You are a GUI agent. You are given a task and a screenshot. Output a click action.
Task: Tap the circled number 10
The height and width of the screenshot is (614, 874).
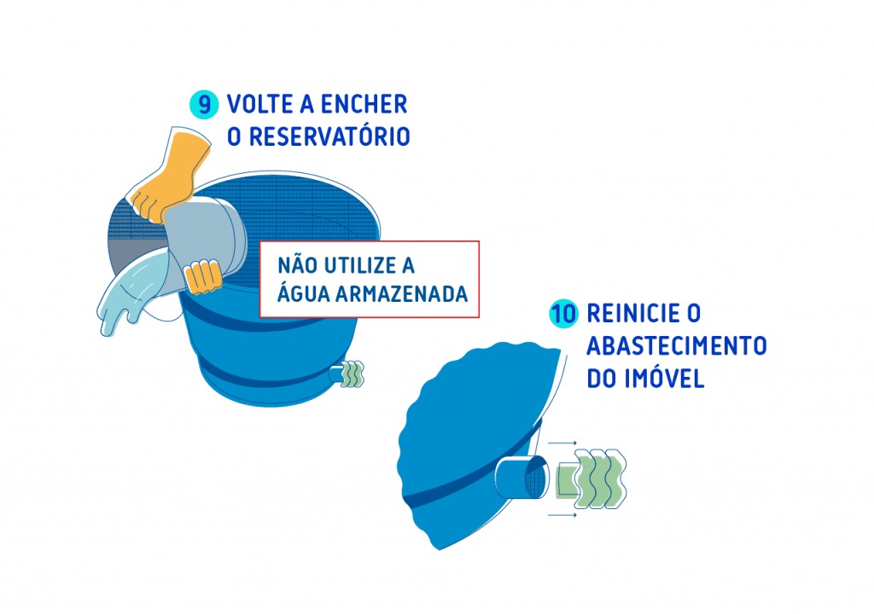[563, 314]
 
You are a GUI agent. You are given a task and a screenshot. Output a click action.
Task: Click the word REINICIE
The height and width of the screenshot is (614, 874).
[631, 314]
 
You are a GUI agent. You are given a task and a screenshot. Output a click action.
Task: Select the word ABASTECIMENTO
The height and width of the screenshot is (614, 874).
[677, 346]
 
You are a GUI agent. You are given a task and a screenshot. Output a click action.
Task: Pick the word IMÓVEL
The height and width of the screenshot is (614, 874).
[660, 379]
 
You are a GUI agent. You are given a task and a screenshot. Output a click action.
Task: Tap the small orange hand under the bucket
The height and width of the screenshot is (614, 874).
[203, 275]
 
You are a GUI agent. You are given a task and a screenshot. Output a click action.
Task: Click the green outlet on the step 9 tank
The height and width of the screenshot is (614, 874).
[351, 374]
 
